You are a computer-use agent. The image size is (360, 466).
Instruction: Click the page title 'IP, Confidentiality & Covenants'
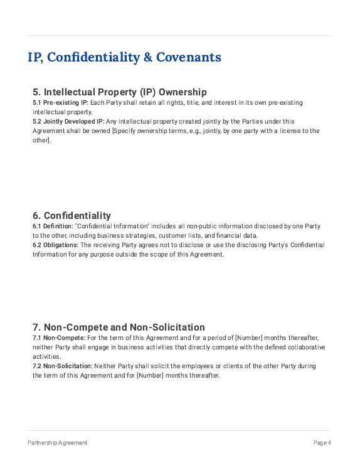(x=124, y=58)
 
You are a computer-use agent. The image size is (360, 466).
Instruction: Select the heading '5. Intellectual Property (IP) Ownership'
(x=119, y=92)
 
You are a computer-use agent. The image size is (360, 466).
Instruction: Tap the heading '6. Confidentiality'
(x=71, y=216)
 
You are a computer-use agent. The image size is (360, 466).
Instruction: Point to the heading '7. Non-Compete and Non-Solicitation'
(x=119, y=327)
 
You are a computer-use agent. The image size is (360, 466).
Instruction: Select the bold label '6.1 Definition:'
(x=53, y=226)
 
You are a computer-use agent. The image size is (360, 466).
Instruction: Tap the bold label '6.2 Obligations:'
(x=55, y=245)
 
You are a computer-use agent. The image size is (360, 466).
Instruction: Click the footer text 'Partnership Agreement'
(x=58, y=443)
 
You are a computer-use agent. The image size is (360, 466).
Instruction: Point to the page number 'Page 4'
(x=322, y=443)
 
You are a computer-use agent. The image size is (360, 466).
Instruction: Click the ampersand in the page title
(x=147, y=58)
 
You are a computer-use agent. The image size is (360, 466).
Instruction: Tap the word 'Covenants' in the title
(x=189, y=58)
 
